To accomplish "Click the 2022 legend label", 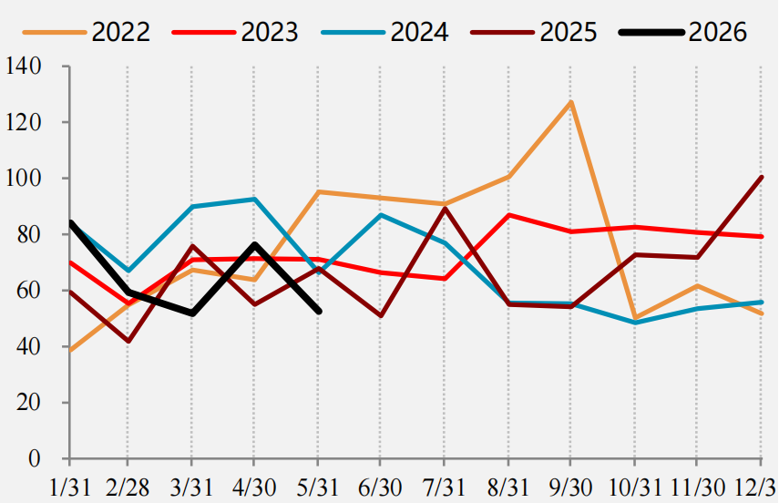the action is coord(121,32).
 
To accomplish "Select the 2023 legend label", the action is coord(270,32).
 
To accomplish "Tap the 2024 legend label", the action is coord(419,32).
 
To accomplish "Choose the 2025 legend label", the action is coord(569,32).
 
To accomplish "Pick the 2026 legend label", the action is coord(717,32).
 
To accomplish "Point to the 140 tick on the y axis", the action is coord(23,67).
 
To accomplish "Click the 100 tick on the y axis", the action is coord(23,178).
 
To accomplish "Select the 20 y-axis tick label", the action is coord(29,402).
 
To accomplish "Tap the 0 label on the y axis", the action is coord(35,458).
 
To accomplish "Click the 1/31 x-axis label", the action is coord(70,488).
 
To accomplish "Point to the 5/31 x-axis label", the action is coord(317,488).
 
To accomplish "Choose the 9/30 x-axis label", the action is coord(570,488).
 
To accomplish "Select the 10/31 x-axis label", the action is coord(634,488).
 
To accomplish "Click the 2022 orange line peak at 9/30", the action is coord(571,102).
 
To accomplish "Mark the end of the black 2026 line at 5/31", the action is coord(319,312).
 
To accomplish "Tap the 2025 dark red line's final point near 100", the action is coord(761,178).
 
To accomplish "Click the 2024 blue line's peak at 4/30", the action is coord(254,199).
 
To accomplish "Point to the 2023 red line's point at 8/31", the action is coord(508,215).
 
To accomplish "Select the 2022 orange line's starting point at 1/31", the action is coord(70,351).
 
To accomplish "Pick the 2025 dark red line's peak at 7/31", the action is coord(445,209).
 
